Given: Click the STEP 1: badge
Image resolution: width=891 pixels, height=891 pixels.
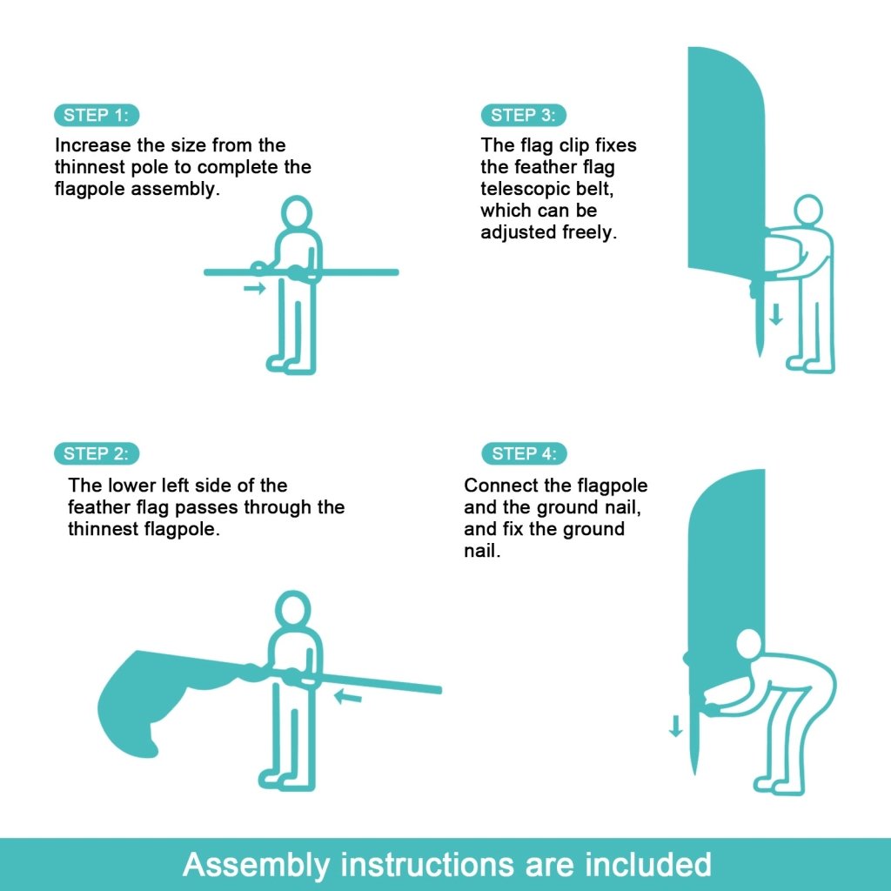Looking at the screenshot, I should pos(97,115).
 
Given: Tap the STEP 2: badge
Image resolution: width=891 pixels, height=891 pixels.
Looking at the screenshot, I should pos(97,453).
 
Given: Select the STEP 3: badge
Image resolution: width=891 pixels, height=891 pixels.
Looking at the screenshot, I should pos(523,115).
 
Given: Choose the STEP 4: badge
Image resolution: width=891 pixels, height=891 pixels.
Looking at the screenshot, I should pos(524,453).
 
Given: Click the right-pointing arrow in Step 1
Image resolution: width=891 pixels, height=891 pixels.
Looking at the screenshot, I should pos(254,288).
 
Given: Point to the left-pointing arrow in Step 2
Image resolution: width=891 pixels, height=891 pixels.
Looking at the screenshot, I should pos(349,696).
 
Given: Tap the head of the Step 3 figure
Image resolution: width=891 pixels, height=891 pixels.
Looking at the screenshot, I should pos(808,210).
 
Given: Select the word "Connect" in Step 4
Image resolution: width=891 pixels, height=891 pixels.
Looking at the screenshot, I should pos(495,486).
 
